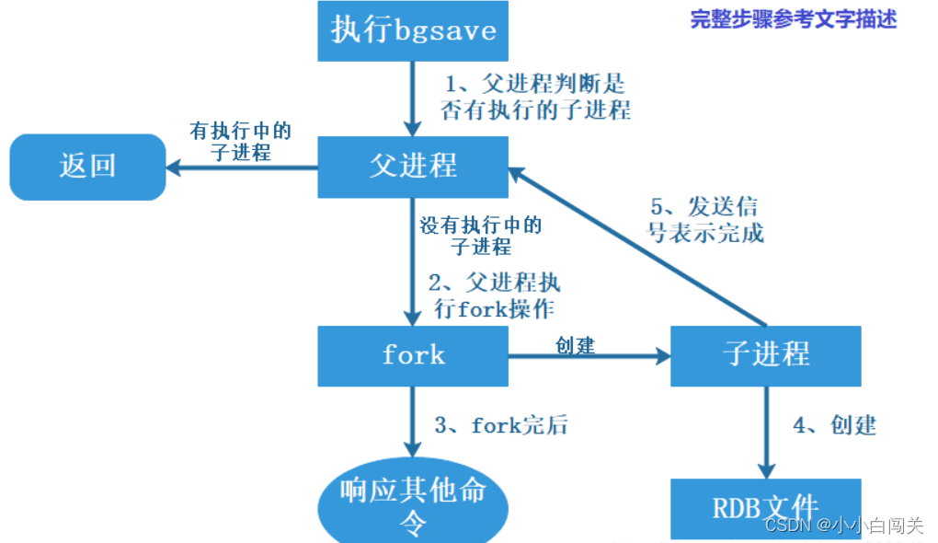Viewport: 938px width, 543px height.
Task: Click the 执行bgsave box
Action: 413,30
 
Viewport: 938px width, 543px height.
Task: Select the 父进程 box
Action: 413,167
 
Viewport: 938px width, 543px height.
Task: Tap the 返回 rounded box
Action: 87,167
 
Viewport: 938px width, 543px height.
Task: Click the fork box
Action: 413,355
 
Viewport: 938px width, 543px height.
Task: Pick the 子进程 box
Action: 766,355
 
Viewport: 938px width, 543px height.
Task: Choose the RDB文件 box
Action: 766,507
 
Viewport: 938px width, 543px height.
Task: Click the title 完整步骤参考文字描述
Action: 793,19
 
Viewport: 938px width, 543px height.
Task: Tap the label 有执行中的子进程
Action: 240,142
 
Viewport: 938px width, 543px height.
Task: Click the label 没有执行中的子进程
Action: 481,236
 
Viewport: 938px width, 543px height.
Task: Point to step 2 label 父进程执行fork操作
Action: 494,295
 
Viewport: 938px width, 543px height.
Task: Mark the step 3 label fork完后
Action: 501,425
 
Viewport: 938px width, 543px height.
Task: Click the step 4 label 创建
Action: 834,425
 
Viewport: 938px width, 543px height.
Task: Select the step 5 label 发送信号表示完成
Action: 705,219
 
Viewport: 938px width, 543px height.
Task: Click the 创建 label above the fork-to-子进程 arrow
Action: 575,345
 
